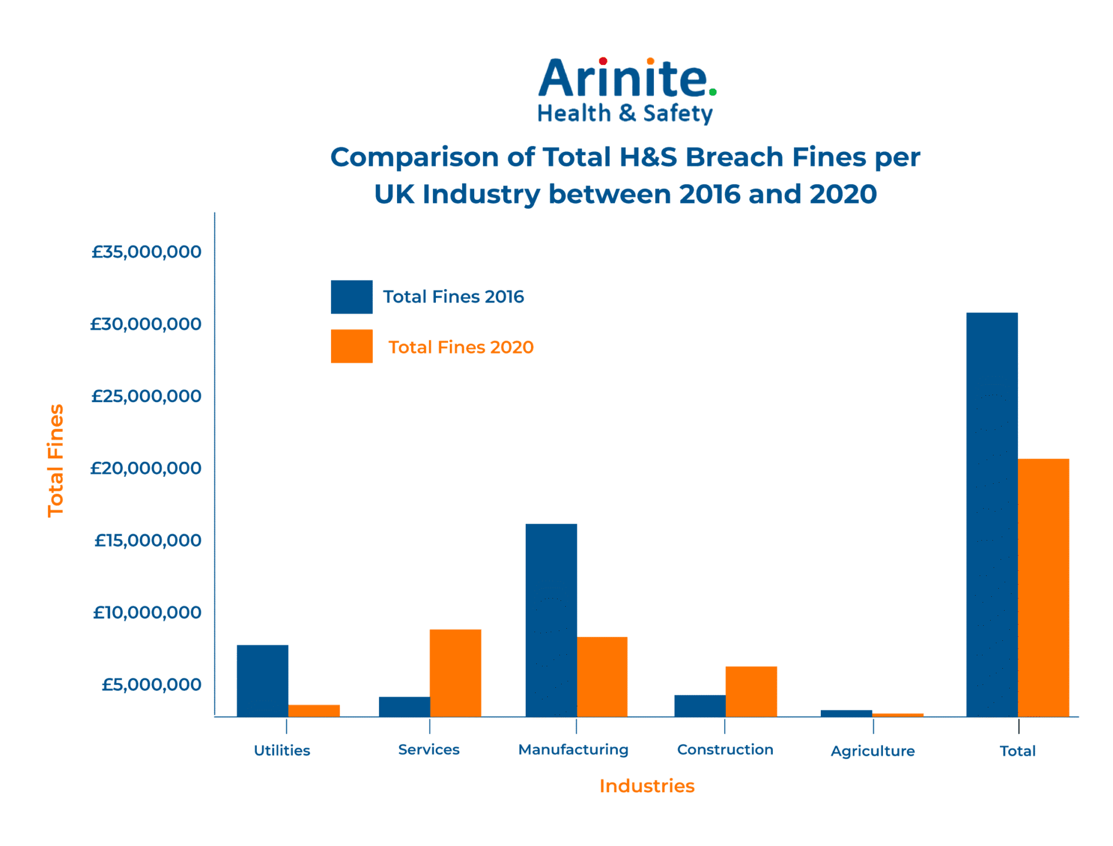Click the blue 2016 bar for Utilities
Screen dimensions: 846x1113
263,680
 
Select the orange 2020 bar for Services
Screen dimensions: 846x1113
455,673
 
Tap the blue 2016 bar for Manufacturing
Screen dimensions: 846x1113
551,620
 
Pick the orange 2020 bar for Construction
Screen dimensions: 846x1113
751,691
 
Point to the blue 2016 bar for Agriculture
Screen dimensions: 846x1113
846,713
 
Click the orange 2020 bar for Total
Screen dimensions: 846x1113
1043,588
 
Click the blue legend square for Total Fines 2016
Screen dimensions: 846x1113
352,297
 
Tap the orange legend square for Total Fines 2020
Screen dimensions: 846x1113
352,347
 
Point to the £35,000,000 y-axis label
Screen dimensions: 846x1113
146,252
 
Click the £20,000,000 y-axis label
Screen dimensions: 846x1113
146,468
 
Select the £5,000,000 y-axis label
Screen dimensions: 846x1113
151,685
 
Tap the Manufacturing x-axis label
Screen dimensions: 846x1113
573,750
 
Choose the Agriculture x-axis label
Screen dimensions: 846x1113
872,751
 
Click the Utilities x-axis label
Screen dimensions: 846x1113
282,750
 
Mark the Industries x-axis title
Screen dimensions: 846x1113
647,786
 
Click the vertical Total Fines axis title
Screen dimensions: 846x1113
56,461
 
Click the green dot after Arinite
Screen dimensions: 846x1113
713,92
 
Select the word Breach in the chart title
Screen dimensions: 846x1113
734,157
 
